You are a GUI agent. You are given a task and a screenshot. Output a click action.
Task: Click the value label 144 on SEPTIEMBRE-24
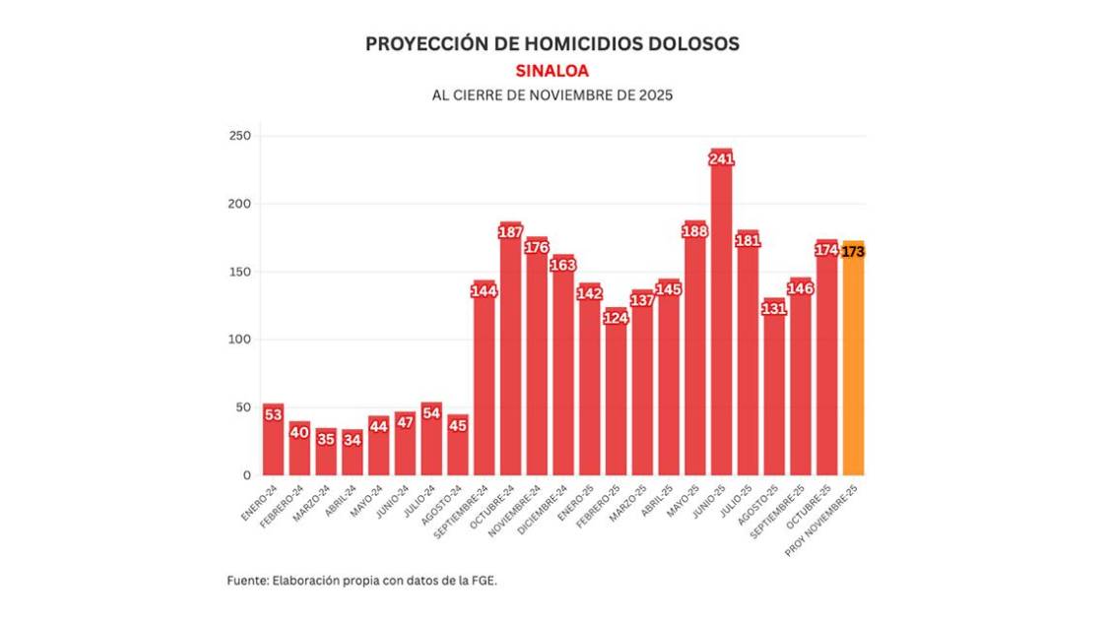pos(484,290)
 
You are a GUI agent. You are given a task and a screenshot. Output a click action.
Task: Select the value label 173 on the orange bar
pos(853,252)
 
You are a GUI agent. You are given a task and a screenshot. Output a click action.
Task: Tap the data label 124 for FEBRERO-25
pos(616,318)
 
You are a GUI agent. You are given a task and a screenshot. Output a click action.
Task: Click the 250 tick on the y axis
pos(239,136)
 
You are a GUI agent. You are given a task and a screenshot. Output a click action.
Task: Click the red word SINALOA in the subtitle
pos(552,71)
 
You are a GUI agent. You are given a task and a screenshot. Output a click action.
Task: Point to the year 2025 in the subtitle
pos(653,96)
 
